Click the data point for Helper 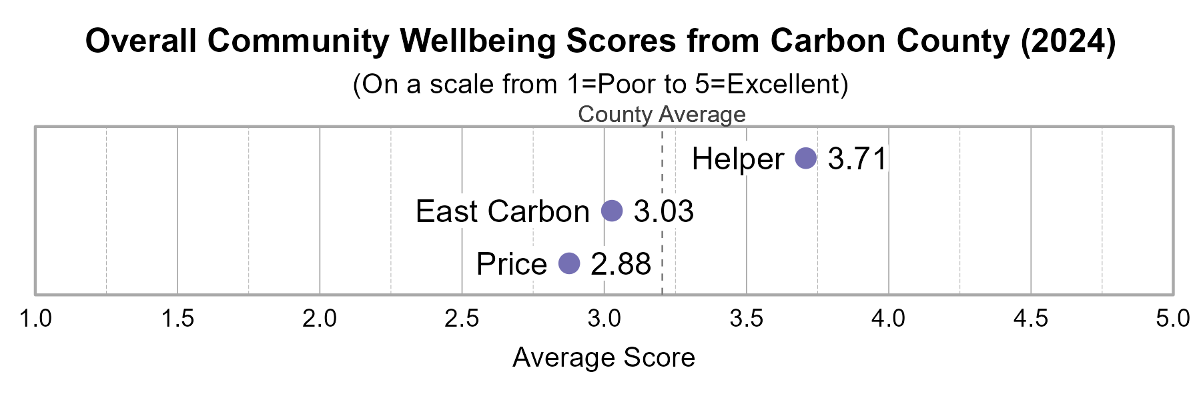coord(806,159)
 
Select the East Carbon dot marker coord(612,211)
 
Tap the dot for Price coord(569,263)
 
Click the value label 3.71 coord(857,159)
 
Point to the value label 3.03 coord(664,212)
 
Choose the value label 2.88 coord(621,264)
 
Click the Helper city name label coord(737,159)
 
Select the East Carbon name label coord(502,212)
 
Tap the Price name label coord(512,264)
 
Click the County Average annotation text coord(662,115)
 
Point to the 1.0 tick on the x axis coord(35,319)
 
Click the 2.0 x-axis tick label coord(320,319)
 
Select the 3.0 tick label coord(604,319)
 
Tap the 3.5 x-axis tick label coord(747,319)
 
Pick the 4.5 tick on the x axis coord(1031,319)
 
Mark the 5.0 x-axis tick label coord(1172,319)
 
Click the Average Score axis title coord(604,358)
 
